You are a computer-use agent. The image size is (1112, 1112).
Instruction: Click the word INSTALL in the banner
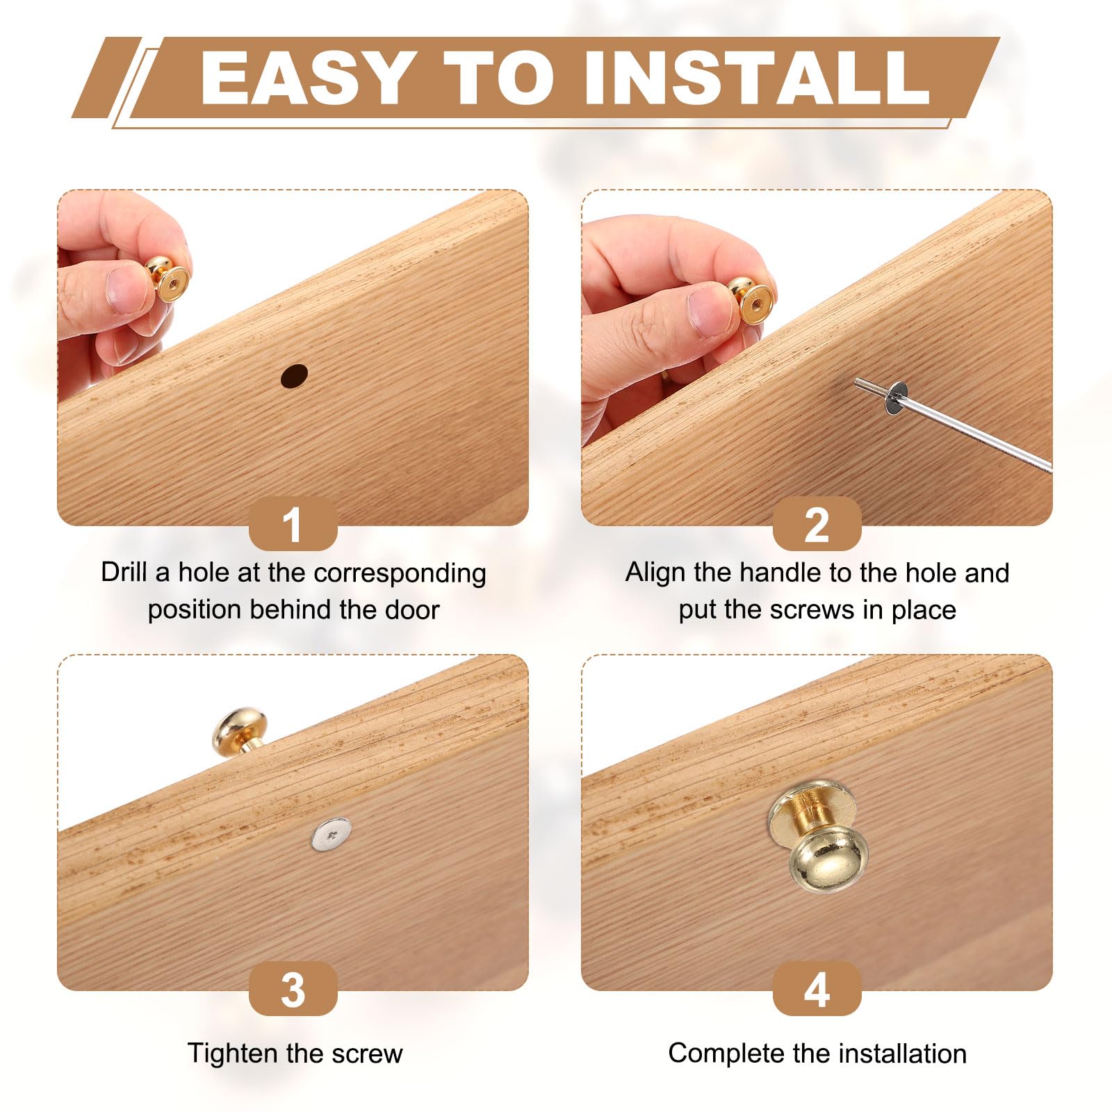[x=756, y=78]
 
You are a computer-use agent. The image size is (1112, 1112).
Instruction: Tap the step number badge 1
[x=293, y=524]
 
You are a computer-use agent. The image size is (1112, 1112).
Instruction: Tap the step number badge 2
[x=817, y=524]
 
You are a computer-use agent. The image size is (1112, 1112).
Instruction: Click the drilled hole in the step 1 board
[x=294, y=376]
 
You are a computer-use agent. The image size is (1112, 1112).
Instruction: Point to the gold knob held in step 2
[x=751, y=301]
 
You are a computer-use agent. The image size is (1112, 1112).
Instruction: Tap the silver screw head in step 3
[x=331, y=834]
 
